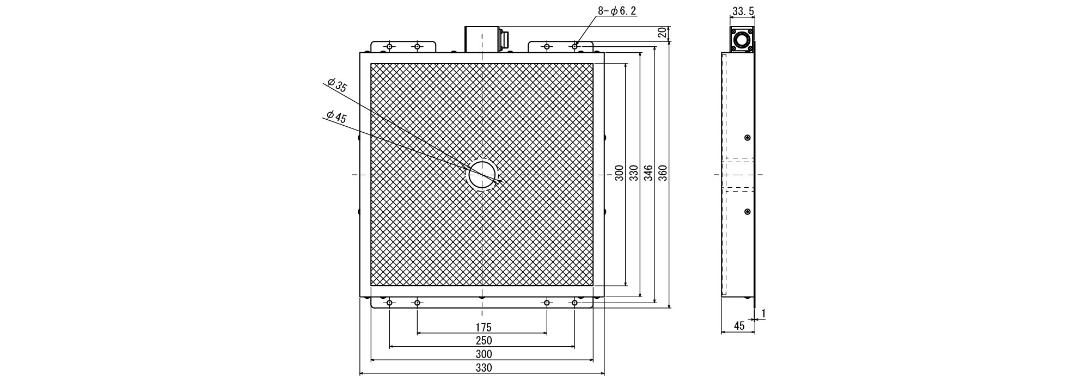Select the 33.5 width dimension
[x=743, y=11]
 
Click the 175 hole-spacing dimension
[x=483, y=327]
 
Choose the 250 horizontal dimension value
[x=483, y=341]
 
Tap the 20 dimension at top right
[x=662, y=32]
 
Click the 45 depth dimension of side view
[x=739, y=326]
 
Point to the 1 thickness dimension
[x=763, y=313]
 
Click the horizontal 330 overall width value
[x=483, y=368]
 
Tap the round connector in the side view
[x=742, y=40]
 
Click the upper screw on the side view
[x=747, y=138]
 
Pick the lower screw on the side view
[x=747, y=211]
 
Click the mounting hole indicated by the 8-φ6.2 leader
[x=574, y=47]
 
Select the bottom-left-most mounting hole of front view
[x=389, y=303]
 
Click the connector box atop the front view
[x=482, y=39]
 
